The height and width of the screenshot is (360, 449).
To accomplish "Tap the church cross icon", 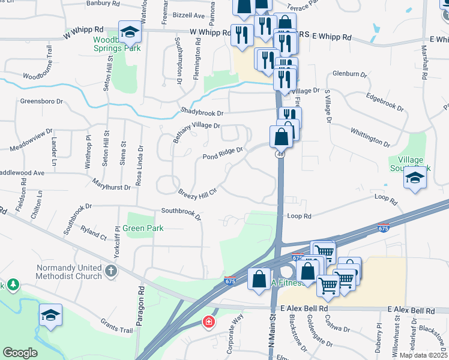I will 110,271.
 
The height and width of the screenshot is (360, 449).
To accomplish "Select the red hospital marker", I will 208,322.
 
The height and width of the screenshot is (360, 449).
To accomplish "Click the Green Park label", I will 143,229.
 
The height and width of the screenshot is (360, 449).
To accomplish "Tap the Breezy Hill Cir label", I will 197,192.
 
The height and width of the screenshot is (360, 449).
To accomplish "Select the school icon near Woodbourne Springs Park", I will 129,32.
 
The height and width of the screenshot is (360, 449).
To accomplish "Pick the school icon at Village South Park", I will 415,177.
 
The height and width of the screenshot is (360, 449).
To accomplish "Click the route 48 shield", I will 280,154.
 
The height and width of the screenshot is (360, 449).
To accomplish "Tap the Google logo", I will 20,352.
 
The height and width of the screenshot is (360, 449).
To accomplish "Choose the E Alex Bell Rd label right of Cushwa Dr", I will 411,311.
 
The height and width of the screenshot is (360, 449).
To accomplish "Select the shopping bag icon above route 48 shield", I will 281,137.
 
